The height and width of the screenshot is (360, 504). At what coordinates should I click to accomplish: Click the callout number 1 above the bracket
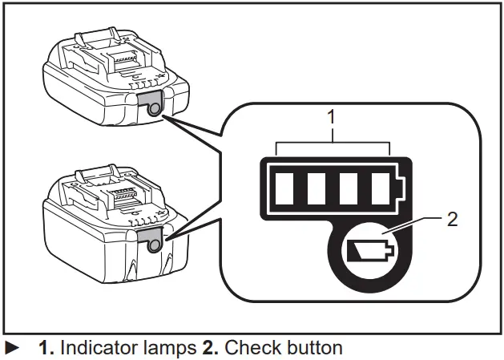point(332,117)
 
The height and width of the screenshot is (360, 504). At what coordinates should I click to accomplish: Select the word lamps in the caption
point(168,349)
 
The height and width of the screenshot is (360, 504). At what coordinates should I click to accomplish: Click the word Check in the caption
point(247,349)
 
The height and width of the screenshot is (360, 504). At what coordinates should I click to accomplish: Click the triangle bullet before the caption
point(12,349)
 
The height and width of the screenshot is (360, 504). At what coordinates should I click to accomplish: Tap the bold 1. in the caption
point(46,349)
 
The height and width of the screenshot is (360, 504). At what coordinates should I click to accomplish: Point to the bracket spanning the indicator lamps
point(332,144)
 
